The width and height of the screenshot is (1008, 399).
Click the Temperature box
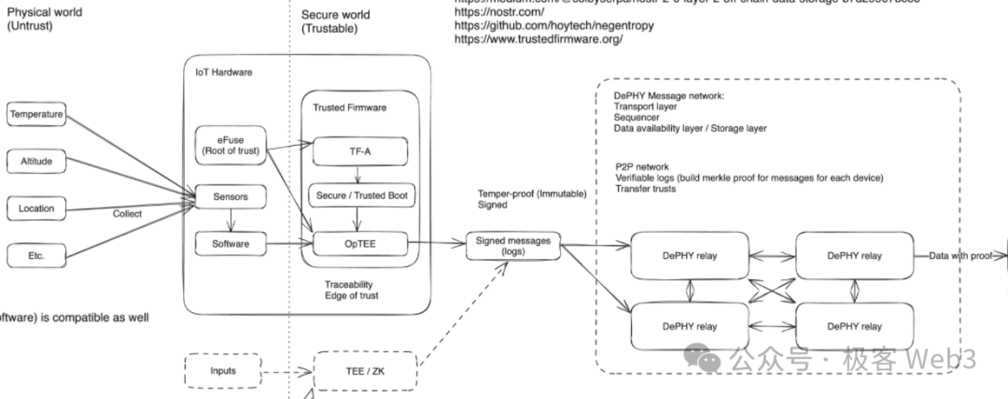point(36,115)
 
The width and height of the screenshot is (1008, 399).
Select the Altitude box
point(36,162)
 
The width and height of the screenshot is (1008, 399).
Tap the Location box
point(36,208)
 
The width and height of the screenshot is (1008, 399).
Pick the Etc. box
point(36,254)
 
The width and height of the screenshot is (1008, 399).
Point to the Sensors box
point(229,197)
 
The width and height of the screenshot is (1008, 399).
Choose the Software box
point(229,244)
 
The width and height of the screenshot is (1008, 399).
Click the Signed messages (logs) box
point(514,246)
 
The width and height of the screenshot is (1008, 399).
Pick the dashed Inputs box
point(222,371)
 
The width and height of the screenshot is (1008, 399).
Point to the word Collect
point(128,214)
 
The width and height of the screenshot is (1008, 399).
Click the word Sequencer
point(637,119)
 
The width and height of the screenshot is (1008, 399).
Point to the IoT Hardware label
point(223,72)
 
